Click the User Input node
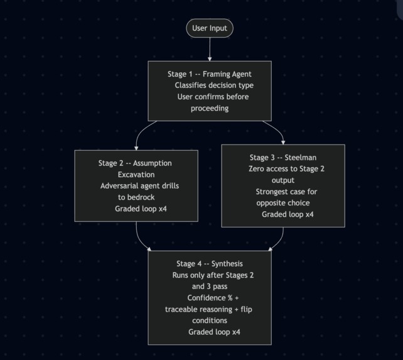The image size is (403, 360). (x=210, y=28)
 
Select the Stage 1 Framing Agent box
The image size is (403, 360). (x=210, y=90)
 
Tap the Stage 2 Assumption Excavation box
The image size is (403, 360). (x=136, y=185)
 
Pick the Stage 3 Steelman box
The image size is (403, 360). (x=283, y=185)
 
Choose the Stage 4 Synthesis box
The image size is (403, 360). (x=210, y=297)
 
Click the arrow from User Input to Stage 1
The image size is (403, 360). (x=210, y=49)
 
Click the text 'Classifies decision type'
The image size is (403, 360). (x=214, y=85)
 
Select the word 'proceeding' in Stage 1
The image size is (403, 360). (x=210, y=108)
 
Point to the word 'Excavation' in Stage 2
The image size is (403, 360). (x=136, y=175)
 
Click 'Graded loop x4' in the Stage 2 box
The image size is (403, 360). (x=141, y=209)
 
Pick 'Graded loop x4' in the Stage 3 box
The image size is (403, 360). (x=287, y=214)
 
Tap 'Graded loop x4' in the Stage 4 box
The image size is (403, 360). (x=214, y=332)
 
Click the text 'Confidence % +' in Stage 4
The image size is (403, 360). (x=213, y=298)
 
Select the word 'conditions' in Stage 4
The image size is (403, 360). (x=210, y=320)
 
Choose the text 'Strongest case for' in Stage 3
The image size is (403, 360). (x=286, y=192)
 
